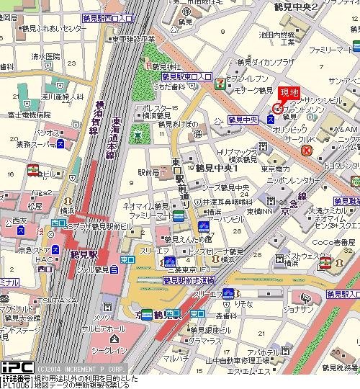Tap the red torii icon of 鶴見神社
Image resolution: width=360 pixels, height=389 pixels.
click(x=147, y=65)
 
